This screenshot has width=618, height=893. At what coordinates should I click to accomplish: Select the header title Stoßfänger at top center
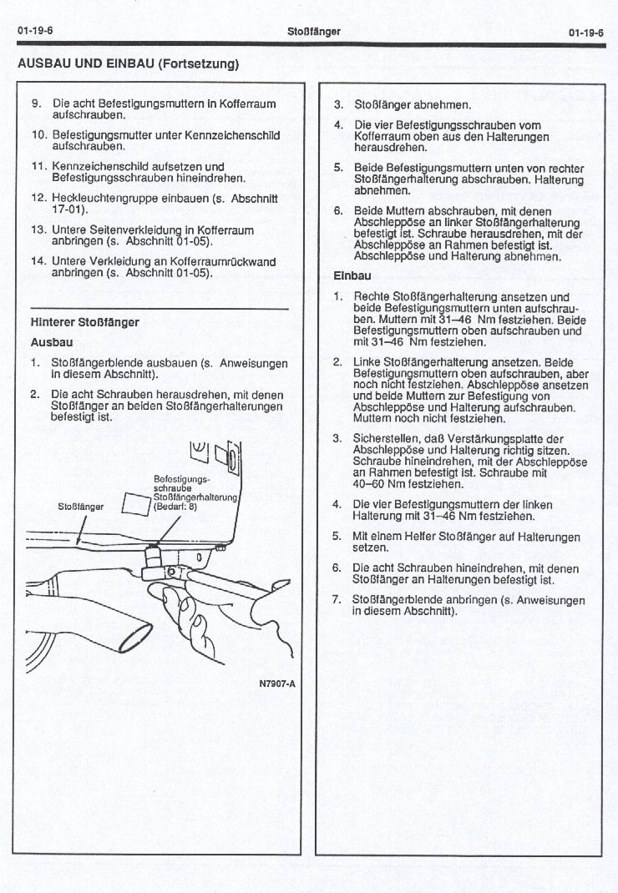pyautogui.click(x=313, y=31)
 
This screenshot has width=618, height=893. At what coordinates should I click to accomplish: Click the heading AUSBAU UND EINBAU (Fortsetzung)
pyautogui.click(x=128, y=63)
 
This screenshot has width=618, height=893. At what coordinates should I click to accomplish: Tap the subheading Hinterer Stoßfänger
pyautogui.click(x=84, y=321)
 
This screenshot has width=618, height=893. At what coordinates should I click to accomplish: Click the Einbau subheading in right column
pyautogui.click(x=352, y=275)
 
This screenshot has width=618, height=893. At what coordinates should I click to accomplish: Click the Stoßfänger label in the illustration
pyautogui.click(x=81, y=506)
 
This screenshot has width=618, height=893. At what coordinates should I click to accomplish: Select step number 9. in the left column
pyautogui.click(x=36, y=103)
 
